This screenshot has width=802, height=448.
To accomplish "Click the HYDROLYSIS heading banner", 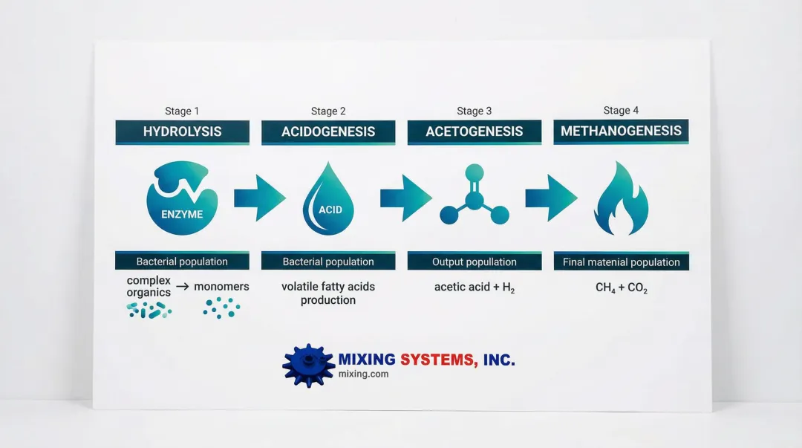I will point(182,132).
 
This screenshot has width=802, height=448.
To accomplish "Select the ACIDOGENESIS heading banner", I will point(328,132).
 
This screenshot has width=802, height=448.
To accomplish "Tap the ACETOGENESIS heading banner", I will point(475,132).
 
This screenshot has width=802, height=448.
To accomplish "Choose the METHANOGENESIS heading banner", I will point(621,131).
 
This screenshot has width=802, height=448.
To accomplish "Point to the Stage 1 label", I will point(182,111).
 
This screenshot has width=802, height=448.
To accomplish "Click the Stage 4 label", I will point(621,111).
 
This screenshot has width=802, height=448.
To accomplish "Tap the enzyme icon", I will point(182,198).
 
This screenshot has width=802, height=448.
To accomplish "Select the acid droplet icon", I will point(328,199).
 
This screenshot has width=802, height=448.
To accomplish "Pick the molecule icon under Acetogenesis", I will point(474,198).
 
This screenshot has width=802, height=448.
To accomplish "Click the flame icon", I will point(621,199).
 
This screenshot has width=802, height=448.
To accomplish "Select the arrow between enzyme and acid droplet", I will point(259,198).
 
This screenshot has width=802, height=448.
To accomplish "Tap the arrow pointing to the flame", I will point(551,198).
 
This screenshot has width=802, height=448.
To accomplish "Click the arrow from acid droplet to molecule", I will point(405,198).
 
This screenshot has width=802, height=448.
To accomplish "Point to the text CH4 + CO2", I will point(622,288).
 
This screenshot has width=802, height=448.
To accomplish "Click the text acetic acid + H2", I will point(475,287).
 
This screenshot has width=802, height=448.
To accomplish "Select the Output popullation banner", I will point(475,262).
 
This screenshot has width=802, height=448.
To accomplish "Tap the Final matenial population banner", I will point(622,262).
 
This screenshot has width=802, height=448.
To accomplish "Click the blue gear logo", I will point(308,365).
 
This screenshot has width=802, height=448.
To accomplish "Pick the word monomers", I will point(221,287).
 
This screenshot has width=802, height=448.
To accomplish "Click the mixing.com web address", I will point(363,374).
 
